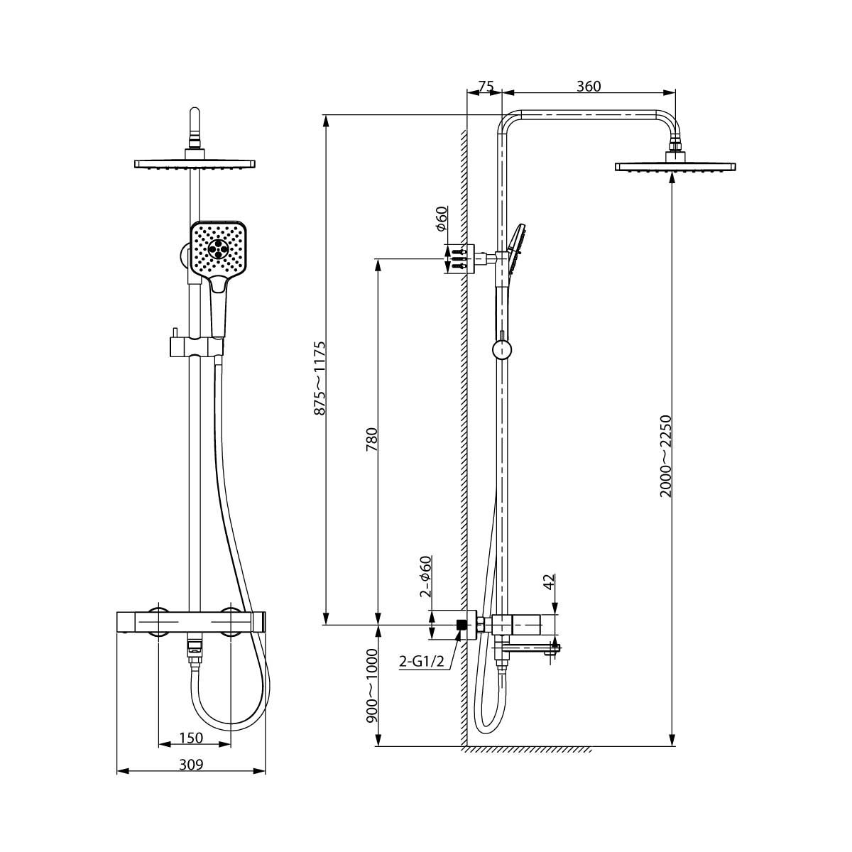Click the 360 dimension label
point(589,86)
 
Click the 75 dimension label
point(486,86)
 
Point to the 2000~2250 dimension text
point(665,456)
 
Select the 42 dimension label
point(548,582)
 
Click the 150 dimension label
point(191,738)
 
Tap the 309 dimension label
point(191,764)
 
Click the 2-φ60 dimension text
point(425,576)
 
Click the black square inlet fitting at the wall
point(461,625)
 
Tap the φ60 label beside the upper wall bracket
point(440,219)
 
